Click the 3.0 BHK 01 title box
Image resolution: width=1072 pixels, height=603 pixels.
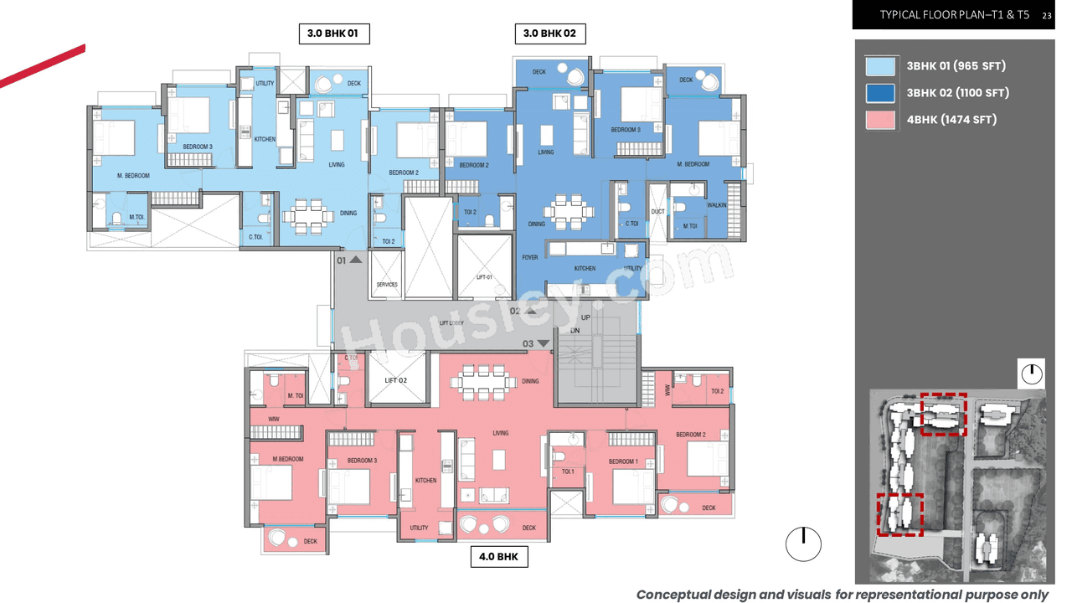coord(332,33)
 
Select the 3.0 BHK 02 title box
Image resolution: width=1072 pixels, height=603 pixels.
coord(549,33)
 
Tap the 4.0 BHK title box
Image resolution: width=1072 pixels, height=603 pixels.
coord(498,556)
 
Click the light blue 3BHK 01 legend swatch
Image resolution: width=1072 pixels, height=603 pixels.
coord(880,66)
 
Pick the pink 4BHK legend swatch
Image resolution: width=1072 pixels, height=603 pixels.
coord(880,120)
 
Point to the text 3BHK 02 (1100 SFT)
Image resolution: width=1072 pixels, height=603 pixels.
coord(957,93)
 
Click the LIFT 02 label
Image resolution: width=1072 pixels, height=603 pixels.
coord(396,380)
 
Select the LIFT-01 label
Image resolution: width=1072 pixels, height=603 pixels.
coord(484,277)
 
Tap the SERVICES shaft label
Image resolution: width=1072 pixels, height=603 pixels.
coord(387,285)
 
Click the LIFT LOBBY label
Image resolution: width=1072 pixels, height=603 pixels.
coord(451,323)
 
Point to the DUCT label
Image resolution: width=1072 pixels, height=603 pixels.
coord(657,212)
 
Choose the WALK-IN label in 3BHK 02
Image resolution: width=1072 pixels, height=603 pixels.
coord(717,205)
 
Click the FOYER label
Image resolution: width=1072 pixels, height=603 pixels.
coord(529,258)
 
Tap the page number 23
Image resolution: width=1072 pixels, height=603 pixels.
coord(1047,15)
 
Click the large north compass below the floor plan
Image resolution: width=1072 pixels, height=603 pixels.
coord(803,544)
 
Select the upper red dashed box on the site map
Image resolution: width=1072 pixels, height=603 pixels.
coord(943,415)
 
